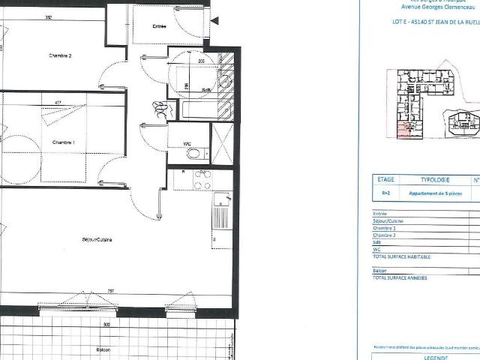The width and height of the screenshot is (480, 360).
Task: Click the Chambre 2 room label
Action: pos(60,55)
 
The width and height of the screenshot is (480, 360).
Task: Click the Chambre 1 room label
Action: pos(63,142)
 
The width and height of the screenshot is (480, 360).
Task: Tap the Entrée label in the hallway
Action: pos(159,26)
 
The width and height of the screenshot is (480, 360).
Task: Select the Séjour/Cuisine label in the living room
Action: pos(97,240)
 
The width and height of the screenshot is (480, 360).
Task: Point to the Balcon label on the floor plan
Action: pos(103,349)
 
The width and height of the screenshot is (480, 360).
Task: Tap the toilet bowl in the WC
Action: pos(194,154)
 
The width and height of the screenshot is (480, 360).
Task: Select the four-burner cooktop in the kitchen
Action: pos(201,179)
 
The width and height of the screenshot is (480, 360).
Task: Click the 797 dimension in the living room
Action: pos(110,291)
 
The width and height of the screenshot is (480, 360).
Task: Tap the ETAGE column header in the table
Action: pos(385,180)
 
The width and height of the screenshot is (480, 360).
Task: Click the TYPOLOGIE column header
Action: pos(434,180)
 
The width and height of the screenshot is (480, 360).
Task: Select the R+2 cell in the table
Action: pos(385,193)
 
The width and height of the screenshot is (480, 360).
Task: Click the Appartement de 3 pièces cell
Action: pos(434,193)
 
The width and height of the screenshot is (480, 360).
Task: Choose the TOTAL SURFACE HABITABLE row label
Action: pos(402,256)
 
